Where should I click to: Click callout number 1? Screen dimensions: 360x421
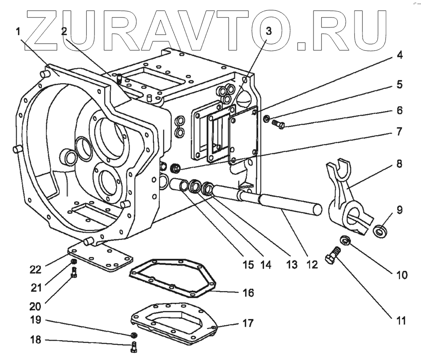point(18,31)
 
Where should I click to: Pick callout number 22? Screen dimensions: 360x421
point(35,270)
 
